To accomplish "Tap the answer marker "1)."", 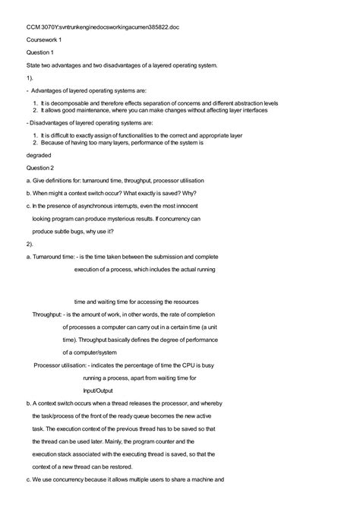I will tap(30, 78).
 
